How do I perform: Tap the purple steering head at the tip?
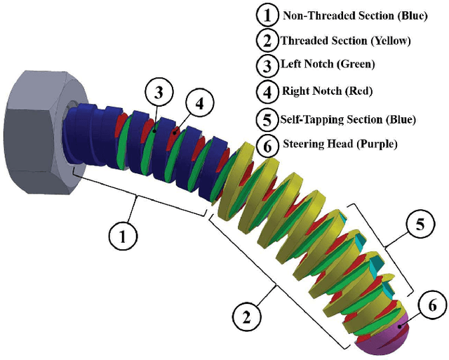(x=383, y=337)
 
